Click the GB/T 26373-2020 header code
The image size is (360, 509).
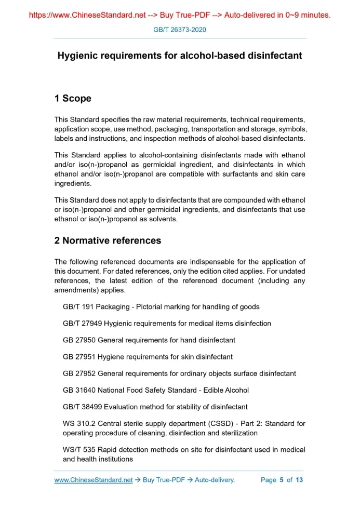click(x=180, y=30)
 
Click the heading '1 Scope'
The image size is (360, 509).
click(x=73, y=98)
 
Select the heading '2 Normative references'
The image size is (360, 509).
click(x=108, y=240)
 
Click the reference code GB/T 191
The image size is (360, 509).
click(x=78, y=307)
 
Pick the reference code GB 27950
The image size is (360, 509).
click(x=79, y=340)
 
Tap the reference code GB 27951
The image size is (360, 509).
click(x=79, y=357)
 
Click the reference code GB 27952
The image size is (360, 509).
click(x=79, y=373)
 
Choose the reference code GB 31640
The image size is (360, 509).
click(x=79, y=390)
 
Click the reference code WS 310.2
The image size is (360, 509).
click(x=78, y=423)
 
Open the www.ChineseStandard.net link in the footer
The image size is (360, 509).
click(x=94, y=480)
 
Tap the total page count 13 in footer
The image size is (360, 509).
click(x=299, y=480)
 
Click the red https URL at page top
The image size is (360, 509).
click(x=87, y=15)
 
